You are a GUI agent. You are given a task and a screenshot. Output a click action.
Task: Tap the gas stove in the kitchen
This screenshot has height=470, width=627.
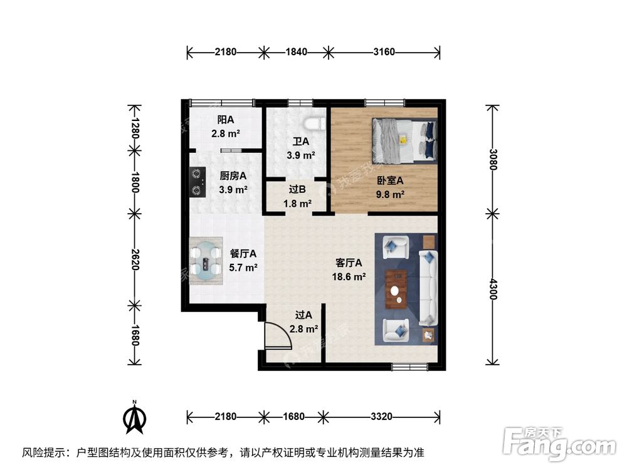point(198,180)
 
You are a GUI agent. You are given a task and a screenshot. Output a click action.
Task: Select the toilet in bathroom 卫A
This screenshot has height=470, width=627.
point(315,123)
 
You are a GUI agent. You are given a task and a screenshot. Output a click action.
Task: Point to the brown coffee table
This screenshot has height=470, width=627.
point(396,289)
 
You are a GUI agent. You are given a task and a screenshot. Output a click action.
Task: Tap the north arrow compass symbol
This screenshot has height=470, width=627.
point(135,419)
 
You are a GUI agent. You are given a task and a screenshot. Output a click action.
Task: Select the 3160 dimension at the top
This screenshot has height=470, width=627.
point(384,52)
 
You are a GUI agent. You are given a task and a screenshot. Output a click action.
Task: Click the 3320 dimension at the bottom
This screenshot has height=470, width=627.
point(381,416)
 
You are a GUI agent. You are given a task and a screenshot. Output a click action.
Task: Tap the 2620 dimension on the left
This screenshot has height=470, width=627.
point(134,258)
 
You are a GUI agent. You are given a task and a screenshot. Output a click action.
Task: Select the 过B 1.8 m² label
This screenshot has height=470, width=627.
point(297,198)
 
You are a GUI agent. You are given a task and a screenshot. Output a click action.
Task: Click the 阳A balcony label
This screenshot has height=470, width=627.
point(226,126)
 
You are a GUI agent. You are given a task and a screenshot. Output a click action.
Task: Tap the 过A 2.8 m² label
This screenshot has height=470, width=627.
point(303,323)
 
